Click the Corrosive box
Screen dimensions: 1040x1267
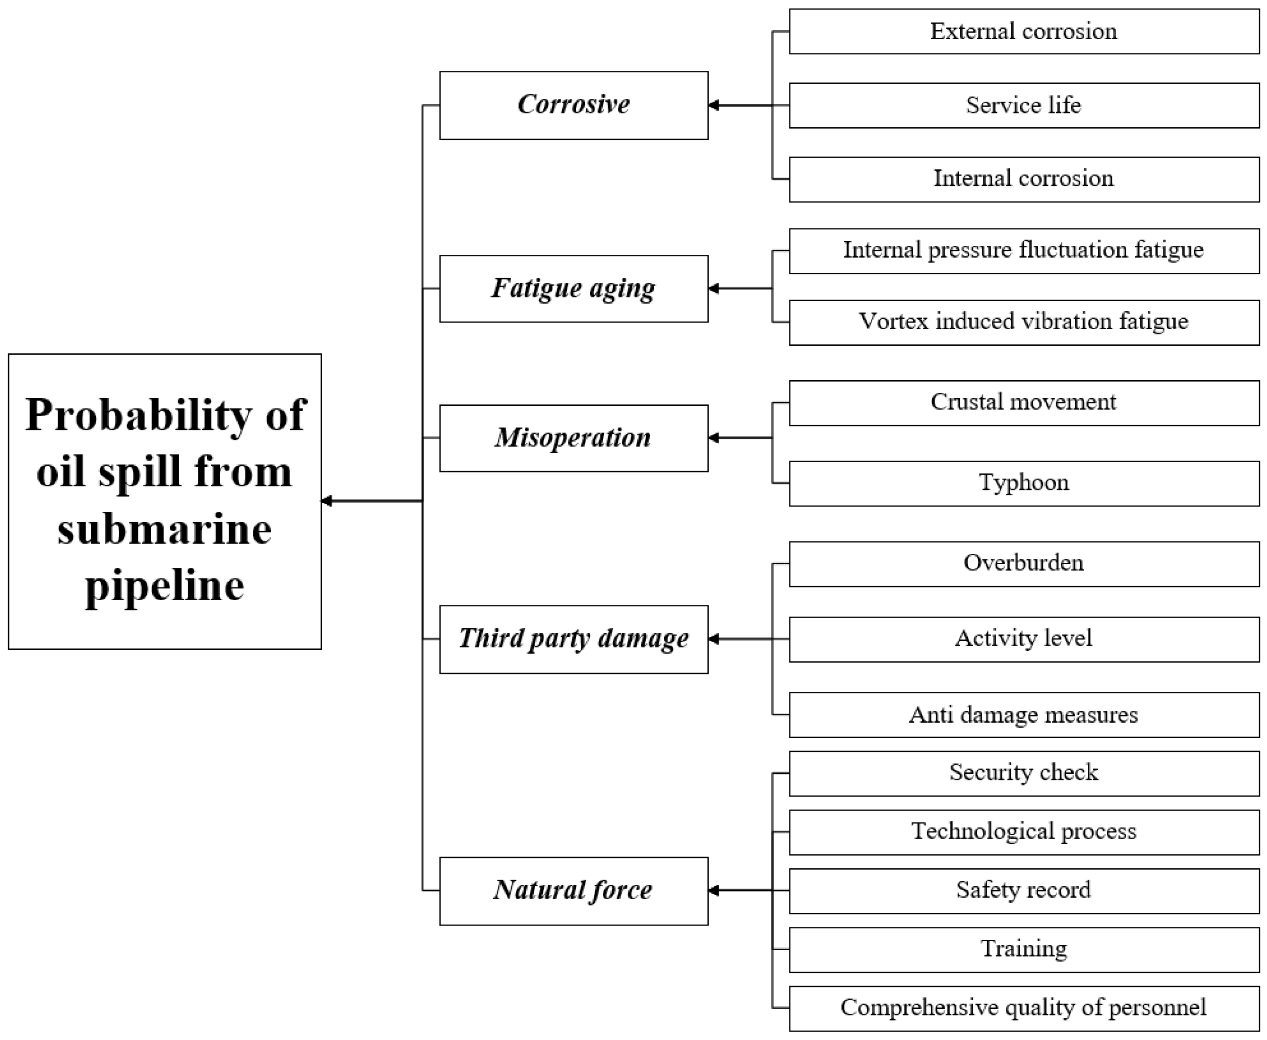pyautogui.click(x=573, y=105)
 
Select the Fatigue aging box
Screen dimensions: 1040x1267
pyautogui.click(x=573, y=289)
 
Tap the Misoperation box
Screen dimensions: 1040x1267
pyautogui.click(x=573, y=438)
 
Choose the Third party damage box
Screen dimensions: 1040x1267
pyautogui.click(x=573, y=639)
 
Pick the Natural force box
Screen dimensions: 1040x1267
pyautogui.click(x=573, y=891)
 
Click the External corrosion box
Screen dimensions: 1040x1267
pyautogui.click(x=1024, y=31)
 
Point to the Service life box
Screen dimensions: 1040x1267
pyautogui.click(x=1024, y=105)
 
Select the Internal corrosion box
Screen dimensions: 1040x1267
pyautogui.click(x=1024, y=179)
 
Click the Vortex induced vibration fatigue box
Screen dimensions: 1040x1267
pyautogui.click(x=1024, y=322)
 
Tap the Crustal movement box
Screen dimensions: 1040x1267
pyautogui.click(x=1024, y=402)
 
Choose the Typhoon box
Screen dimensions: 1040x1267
pyautogui.click(x=1024, y=483)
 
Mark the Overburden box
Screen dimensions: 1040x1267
pyautogui.click(x=1024, y=564)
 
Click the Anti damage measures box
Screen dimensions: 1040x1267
pyautogui.click(x=1024, y=715)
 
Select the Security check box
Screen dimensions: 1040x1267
pyautogui.click(x=1024, y=773)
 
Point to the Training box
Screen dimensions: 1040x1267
pyautogui.click(x=1024, y=950)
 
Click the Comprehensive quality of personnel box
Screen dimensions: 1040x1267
pyautogui.click(x=1024, y=1008)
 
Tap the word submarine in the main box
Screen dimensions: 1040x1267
pyautogui.click(x=165, y=530)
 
